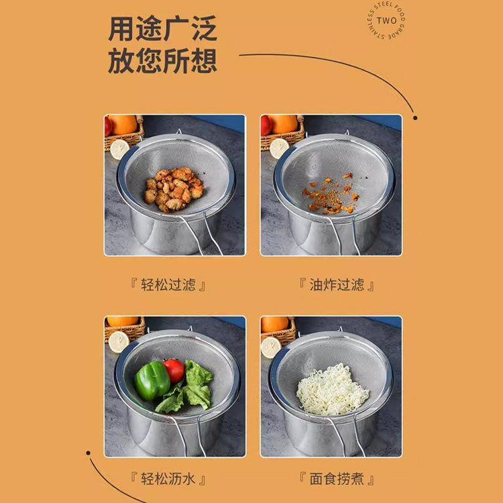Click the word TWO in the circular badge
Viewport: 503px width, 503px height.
386,21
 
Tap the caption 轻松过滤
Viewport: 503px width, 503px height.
168,284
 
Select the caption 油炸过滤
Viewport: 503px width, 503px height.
337,284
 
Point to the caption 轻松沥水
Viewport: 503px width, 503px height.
168,479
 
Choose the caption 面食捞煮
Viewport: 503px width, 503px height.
337,479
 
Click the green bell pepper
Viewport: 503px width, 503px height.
152,380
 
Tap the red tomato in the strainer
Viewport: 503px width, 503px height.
174,370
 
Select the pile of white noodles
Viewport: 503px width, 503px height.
333,389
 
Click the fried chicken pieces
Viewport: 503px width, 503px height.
174,189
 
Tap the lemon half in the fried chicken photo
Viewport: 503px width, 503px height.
119,149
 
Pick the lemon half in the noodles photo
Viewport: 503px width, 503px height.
271,347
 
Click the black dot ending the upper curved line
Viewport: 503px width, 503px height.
415,118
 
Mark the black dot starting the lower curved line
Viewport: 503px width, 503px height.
89,453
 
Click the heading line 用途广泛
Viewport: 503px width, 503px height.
163,30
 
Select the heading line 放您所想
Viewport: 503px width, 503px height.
163,61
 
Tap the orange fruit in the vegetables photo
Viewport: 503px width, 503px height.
122,321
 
